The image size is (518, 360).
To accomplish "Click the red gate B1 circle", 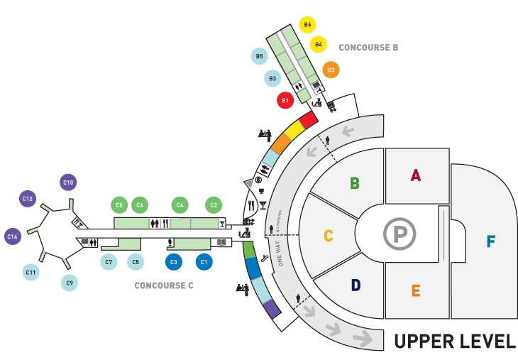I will [x=285, y=101].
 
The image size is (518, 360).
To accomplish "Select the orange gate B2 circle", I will [x=330, y=70].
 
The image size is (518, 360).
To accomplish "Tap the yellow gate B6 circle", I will [x=307, y=25].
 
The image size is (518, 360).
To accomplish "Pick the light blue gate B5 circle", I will [x=260, y=55].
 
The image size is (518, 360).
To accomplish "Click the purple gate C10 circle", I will [x=68, y=183].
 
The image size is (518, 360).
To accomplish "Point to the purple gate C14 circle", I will [x=12, y=236].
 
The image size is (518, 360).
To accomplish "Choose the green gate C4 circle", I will [x=180, y=205].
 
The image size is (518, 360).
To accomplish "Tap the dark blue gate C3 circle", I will [x=172, y=262].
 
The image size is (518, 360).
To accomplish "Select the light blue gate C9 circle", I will [x=69, y=283].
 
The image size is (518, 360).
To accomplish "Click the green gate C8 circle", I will [x=119, y=205].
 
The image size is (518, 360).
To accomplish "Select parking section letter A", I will [x=416, y=175].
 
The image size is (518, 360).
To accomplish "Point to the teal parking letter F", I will [x=490, y=241].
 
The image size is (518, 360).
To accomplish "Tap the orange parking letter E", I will [x=416, y=290].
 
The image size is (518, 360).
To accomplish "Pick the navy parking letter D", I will [x=356, y=285].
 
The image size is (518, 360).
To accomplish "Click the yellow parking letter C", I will [x=329, y=235].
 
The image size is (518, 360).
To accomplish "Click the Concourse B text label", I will [x=368, y=48].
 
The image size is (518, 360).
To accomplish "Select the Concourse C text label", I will [x=164, y=286].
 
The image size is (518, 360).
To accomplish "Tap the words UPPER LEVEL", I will [x=455, y=342].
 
